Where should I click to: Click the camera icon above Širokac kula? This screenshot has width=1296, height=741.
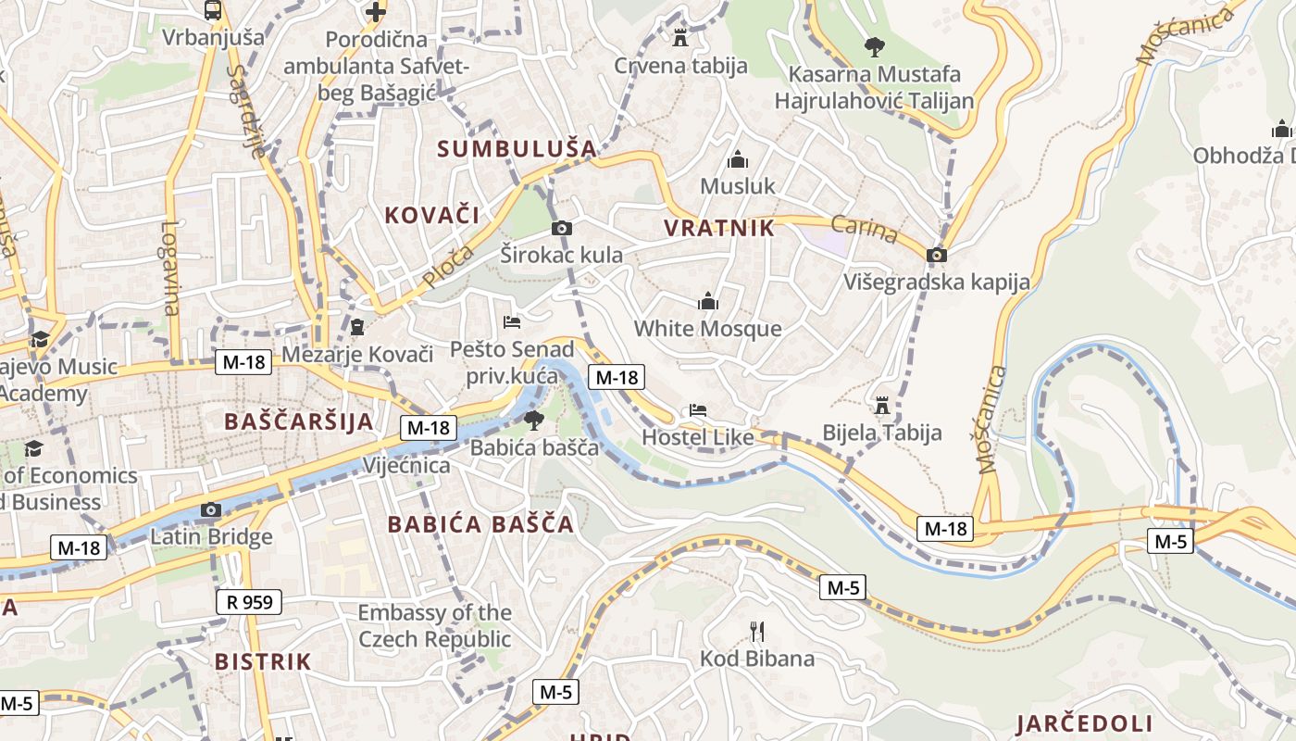(561, 228)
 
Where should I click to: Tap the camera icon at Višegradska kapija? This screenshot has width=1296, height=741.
(937, 255)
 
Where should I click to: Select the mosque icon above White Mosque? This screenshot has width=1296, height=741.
(708, 302)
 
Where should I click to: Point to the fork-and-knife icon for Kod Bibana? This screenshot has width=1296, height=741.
(757, 632)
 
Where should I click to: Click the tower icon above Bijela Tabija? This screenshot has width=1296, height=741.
(882, 406)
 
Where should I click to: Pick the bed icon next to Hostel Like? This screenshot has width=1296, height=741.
(697, 410)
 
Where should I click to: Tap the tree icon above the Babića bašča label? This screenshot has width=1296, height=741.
(534, 421)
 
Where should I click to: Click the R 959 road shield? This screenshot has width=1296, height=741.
(249, 602)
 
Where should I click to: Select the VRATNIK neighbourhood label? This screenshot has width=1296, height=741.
(719, 229)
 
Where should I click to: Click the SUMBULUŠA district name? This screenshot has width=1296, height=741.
(517, 148)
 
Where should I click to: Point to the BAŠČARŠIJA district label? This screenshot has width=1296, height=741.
(299, 421)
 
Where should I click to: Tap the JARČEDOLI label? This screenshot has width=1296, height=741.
(1084, 723)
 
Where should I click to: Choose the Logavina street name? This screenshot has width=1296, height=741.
(169, 269)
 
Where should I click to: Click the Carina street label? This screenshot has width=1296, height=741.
(864, 230)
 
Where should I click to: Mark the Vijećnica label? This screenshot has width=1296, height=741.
(406, 465)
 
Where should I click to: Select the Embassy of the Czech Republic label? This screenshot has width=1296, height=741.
(434, 626)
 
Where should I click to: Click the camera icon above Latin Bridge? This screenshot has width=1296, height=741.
(211, 509)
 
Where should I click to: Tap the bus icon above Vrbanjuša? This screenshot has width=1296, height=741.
(213, 11)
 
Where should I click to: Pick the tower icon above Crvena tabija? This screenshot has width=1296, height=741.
(680, 38)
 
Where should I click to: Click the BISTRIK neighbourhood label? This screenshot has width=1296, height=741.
(263, 661)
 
